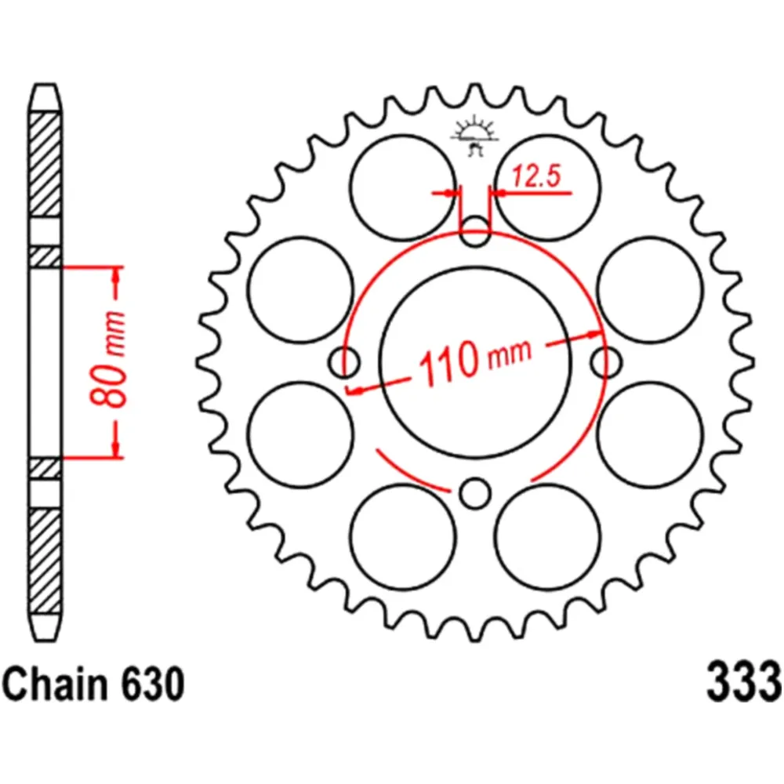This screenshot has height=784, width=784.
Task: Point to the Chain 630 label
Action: coord(95,684)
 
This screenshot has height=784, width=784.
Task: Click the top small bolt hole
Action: coord(474,232)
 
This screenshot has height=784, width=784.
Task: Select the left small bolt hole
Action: coord(343,362)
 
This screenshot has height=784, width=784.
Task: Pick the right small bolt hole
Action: coord(604,362)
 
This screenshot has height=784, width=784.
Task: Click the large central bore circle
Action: coord(474,314)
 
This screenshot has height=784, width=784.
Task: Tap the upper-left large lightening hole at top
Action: coord(402,187)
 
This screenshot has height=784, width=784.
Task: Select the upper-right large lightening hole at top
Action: coord(548,187)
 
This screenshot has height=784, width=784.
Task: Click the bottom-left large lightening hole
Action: coord(402,536)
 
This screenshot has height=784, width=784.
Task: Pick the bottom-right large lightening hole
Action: coord(548,536)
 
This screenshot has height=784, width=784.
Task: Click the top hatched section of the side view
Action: coord(45,165)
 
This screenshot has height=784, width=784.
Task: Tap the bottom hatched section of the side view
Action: coord(45,560)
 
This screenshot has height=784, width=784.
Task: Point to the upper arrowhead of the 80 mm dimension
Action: coord(117,274)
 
